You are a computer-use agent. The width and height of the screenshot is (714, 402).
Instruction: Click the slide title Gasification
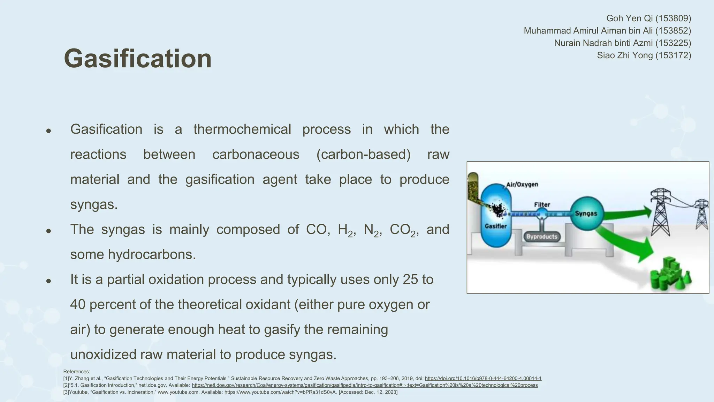(138, 59)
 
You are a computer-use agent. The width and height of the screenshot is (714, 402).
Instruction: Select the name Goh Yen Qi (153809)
(648, 18)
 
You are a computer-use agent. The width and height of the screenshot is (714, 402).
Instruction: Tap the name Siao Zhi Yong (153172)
(644, 55)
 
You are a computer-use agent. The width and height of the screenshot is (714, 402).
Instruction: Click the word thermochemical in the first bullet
(242, 129)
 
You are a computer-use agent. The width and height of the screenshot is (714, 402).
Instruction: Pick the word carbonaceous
(256, 155)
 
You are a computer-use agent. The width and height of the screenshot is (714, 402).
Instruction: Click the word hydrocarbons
(152, 254)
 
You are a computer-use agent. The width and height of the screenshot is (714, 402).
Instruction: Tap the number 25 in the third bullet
(410, 280)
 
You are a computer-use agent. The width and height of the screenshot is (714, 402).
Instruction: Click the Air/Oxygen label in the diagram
(522, 184)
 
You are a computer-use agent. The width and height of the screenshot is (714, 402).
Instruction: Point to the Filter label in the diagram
(542, 204)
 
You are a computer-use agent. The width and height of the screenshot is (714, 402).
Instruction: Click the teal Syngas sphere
(586, 213)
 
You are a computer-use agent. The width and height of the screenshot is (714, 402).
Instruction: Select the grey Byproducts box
(541, 237)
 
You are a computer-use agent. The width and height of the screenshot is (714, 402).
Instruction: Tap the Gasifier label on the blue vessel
(495, 226)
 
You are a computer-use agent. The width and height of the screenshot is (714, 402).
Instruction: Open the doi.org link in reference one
(483, 379)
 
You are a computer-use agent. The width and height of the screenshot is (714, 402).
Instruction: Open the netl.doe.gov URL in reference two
(364, 385)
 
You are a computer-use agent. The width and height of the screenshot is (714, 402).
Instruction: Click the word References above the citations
(76, 372)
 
